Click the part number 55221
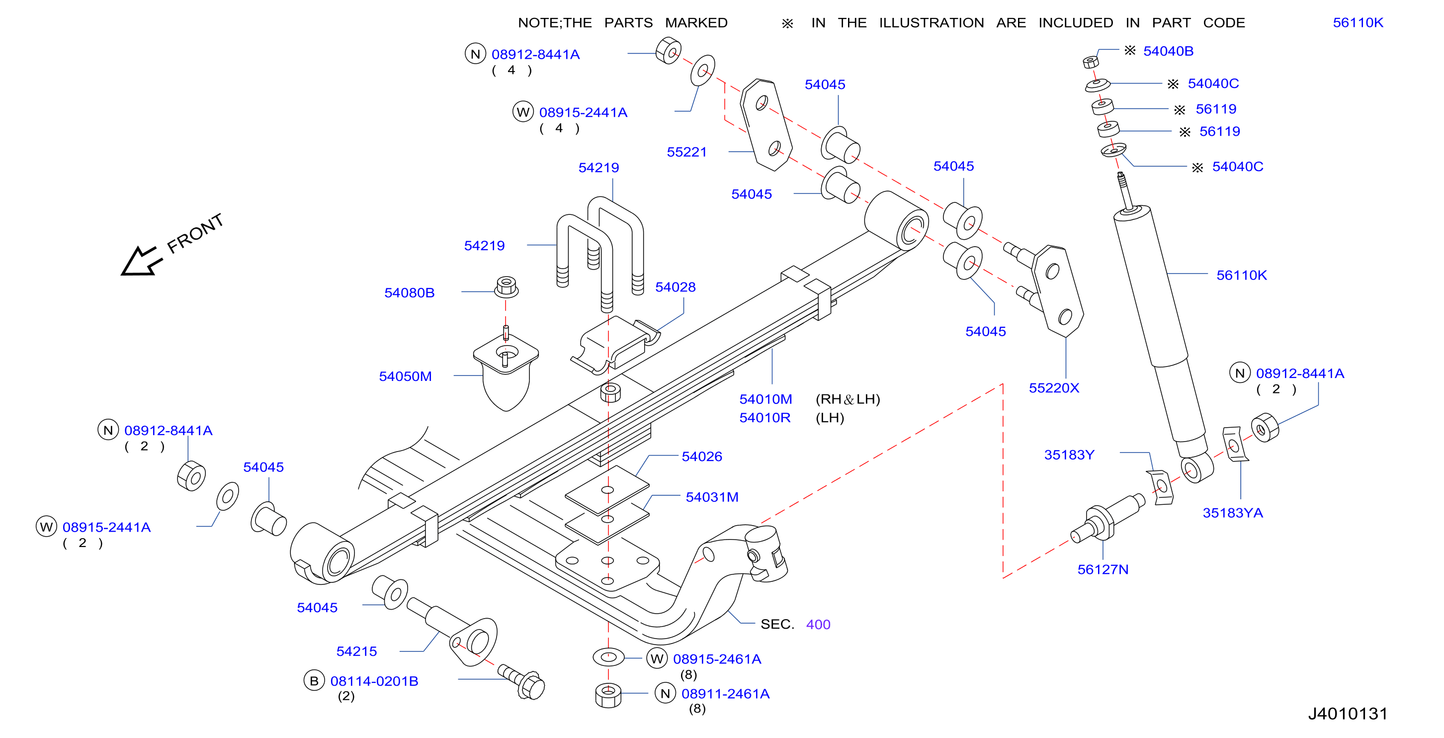[686, 152]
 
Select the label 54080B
[409, 293]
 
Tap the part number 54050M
[405, 376]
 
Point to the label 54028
[675, 287]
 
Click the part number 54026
[701, 457]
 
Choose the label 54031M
[712, 497]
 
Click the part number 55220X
[1054, 388]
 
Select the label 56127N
[1103, 569]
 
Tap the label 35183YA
[1233, 513]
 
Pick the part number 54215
[356, 651]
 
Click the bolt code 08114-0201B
[374, 681]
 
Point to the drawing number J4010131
[1348, 714]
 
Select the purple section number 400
[818, 624]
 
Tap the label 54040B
[1168, 51]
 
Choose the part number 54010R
[764, 418]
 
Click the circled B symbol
[314, 680]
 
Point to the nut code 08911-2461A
[725, 694]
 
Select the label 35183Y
[1069, 455]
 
